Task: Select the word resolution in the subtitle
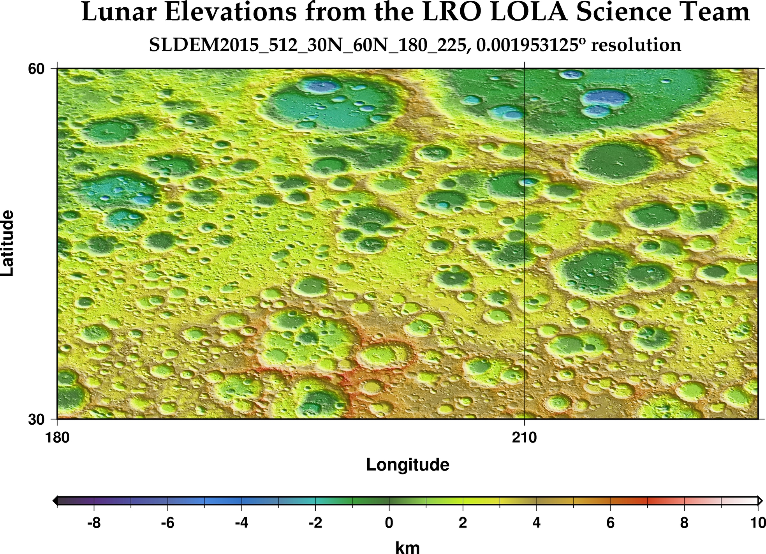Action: pos(636,45)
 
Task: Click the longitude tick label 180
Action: pos(58,438)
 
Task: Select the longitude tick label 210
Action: pos(525,438)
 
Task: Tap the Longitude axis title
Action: pos(408,465)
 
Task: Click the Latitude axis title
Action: pos(8,243)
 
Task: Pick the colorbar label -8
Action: pos(94,523)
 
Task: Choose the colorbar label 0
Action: pos(389,523)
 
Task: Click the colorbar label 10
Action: pos(758,523)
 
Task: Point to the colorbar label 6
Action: pos(610,523)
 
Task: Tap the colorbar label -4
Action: pos(241,523)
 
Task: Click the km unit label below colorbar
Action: pos(408,547)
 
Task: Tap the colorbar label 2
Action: pos(463,523)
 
